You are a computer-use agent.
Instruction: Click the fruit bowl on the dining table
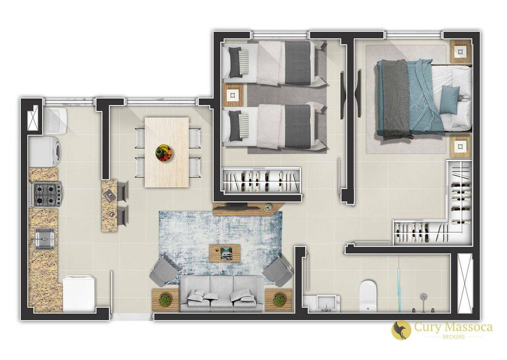click(164, 152)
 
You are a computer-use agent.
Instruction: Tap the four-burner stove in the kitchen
click(47, 194)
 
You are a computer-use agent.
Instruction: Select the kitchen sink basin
click(45, 238)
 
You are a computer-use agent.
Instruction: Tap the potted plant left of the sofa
click(165, 300)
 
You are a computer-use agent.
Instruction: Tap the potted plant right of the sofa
click(278, 300)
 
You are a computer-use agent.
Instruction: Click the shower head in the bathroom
click(424, 296)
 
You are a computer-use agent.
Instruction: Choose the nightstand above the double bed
click(460, 51)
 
